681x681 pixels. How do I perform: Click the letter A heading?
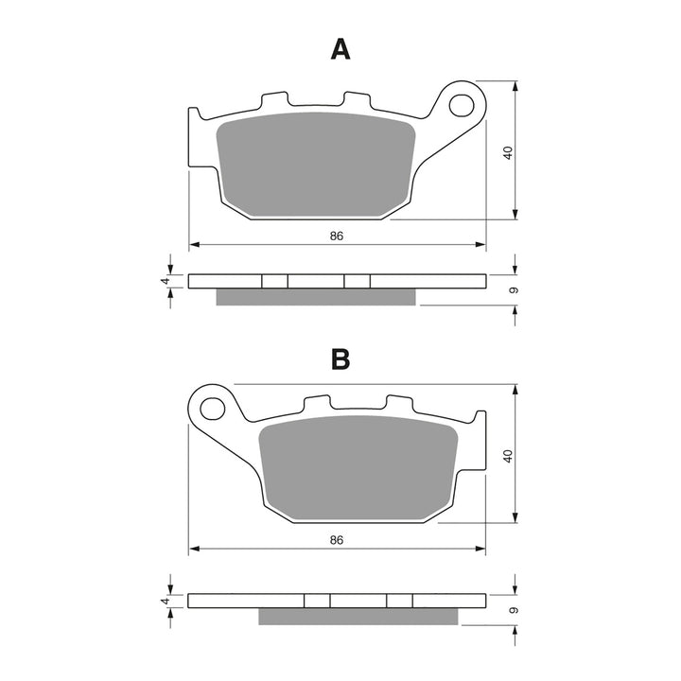(x=340, y=49)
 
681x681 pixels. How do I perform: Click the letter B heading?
(x=340, y=359)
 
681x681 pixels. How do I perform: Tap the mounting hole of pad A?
(x=463, y=102)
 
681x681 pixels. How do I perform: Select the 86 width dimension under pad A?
(x=335, y=236)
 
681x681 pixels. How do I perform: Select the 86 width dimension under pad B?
(x=335, y=539)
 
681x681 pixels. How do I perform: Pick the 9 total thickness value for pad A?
(x=512, y=289)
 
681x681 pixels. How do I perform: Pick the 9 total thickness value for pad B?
(x=512, y=609)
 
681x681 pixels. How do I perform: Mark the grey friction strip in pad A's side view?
(x=316, y=297)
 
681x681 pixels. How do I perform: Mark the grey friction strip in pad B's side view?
(x=358, y=617)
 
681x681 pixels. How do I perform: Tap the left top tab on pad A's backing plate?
(x=271, y=99)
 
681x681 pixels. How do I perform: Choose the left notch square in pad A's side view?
(x=274, y=281)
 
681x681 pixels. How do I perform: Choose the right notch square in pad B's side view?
(x=400, y=601)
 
